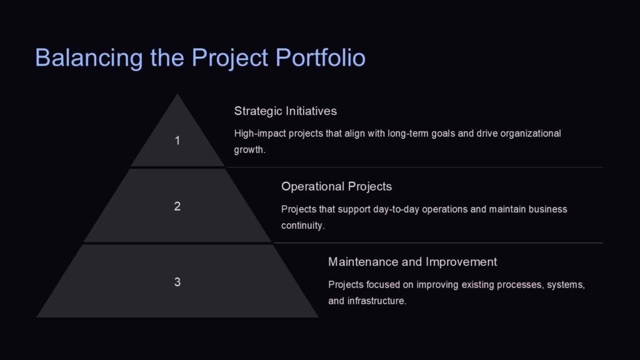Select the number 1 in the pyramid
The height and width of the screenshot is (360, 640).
[x=177, y=141]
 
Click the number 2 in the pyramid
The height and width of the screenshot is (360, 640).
[x=177, y=206]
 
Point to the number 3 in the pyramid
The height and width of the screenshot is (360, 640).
[x=177, y=282]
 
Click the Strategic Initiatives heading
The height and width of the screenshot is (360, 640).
[x=285, y=111]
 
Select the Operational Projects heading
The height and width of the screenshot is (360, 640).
[x=336, y=186]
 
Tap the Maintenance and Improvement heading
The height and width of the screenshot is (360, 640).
[x=412, y=262]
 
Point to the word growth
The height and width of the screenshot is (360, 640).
[x=250, y=150]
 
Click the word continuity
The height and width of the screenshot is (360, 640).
[x=302, y=226]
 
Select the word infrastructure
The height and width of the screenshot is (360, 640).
[x=377, y=301]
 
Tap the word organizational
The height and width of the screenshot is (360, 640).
[x=529, y=134]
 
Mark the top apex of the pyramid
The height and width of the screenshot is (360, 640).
[x=177, y=95]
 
